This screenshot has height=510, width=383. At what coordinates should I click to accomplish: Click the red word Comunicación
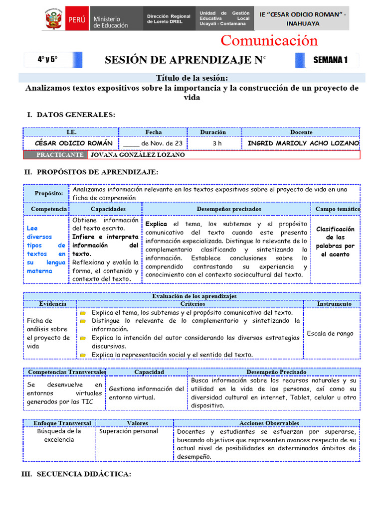click(x=269, y=40)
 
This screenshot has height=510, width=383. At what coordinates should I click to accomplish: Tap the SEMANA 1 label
click(x=330, y=60)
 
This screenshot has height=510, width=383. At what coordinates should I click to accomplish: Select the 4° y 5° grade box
click(x=48, y=60)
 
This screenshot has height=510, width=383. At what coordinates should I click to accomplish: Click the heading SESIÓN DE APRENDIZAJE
click(x=183, y=60)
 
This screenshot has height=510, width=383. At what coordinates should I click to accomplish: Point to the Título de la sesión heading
click(x=192, y=78)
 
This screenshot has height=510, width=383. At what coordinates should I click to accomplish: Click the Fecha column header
click(x=154, y=132)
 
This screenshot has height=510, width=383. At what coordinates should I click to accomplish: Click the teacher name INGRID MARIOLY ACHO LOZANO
click(x=303, y=143)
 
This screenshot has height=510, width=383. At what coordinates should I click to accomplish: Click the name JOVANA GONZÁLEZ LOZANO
click(x=137, y=155)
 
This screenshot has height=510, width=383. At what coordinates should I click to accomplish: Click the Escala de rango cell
click(x=331, y=334)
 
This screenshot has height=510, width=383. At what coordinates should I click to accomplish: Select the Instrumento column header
click(x=334, y=304)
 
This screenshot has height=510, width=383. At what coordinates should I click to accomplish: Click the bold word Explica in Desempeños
click(x=156, y=224)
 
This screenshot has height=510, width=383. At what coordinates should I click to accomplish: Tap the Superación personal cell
click(x=129, y=431)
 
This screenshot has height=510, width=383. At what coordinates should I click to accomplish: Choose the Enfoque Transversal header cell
click(x=62, y=423)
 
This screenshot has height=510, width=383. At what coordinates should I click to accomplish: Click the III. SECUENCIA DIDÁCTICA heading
click(x=76, y=475)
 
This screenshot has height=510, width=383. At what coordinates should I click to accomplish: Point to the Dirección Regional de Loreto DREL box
click(x=169, y=19)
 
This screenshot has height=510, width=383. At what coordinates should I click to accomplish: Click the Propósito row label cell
click(x=48, y=193)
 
